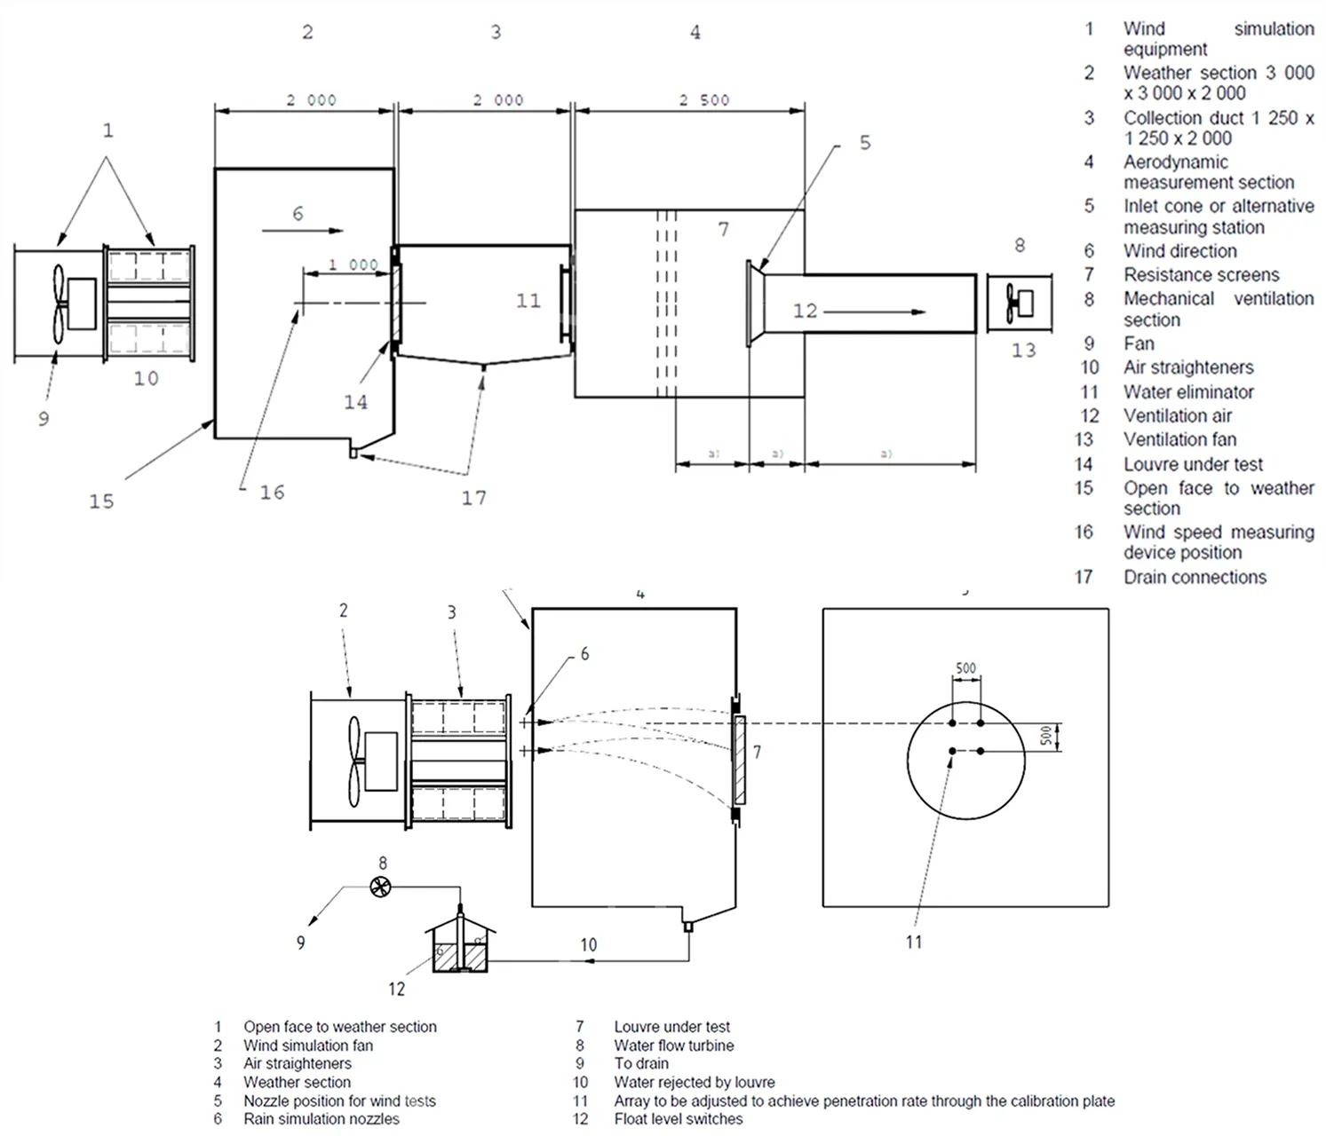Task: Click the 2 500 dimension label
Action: pos(703,99)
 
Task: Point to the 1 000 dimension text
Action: pos(353,264)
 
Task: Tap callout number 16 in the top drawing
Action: pos(272,493)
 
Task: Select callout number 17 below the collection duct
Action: pos(473,498)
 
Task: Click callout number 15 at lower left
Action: pos(101,501)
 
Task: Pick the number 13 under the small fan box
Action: pos(1023,351)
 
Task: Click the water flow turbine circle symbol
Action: pos(380,886)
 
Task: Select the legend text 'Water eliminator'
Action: pos(1187,391)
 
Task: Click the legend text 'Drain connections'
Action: pos(1194,577)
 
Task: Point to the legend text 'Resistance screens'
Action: pos(1200,275)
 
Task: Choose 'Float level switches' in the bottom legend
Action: pos(678,1119)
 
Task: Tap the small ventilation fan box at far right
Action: pos(1019,304)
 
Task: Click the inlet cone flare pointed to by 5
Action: pos(756,304)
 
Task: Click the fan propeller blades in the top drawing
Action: pos(59,304)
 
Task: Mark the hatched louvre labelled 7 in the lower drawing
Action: pos(739,760)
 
